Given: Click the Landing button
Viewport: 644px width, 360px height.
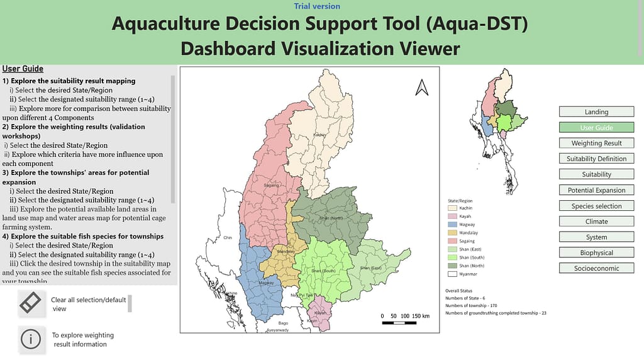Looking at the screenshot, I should point(596,112).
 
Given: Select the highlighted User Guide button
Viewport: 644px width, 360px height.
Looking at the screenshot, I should point(596,128).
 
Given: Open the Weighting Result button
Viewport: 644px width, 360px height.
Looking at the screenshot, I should point(596,143).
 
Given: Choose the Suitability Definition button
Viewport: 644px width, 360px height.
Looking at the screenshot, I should point(596,159).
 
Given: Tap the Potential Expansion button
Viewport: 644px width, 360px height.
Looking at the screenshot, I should point(596,190).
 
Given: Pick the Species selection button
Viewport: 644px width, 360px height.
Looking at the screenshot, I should point(596,206).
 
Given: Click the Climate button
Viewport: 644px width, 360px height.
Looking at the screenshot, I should point(596,222).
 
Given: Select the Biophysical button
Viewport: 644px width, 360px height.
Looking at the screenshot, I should point(596,253).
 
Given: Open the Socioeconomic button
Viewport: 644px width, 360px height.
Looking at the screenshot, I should point(596,269).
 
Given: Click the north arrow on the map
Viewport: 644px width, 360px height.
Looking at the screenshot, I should point(421,88).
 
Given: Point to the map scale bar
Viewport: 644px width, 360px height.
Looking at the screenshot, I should point(406,322).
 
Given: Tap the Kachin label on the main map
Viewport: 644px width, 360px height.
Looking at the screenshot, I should point(319,135).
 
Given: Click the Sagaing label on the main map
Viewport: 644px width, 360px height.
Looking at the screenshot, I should point(270,186).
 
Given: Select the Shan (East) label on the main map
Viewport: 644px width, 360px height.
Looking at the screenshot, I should point(370,268).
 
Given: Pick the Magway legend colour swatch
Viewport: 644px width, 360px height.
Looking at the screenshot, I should point(452,225).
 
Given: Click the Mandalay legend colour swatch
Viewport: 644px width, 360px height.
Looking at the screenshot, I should point(452,233).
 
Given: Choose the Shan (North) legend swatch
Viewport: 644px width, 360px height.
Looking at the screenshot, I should point(452,266).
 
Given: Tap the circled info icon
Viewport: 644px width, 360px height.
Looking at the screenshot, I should point(30,339).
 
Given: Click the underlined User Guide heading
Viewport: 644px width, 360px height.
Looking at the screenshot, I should point(23,69).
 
